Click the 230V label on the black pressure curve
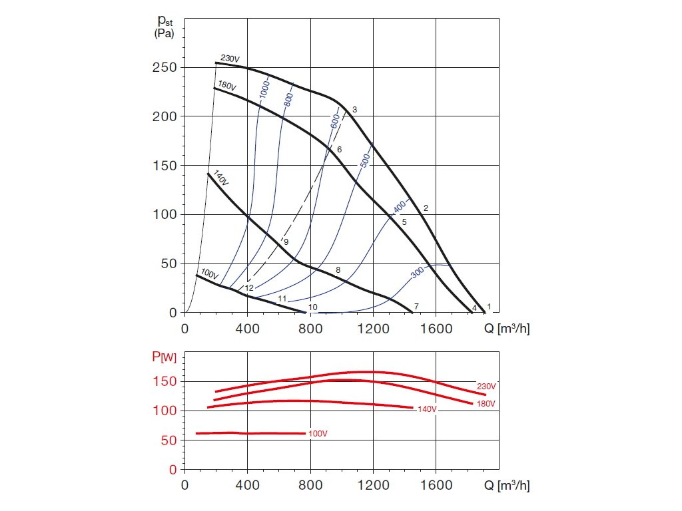pos(230,59)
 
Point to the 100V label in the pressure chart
pos(209,274)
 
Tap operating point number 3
pos(355,109)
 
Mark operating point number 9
pos(286,242)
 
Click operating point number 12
pos(250,288)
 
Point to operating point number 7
pos(416,306)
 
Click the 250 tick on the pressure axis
pos(164,68)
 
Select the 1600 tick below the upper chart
pos(436,328)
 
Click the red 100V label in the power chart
pos(318,434)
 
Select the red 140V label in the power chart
pos(426,409)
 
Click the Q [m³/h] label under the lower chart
pos(507,486)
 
